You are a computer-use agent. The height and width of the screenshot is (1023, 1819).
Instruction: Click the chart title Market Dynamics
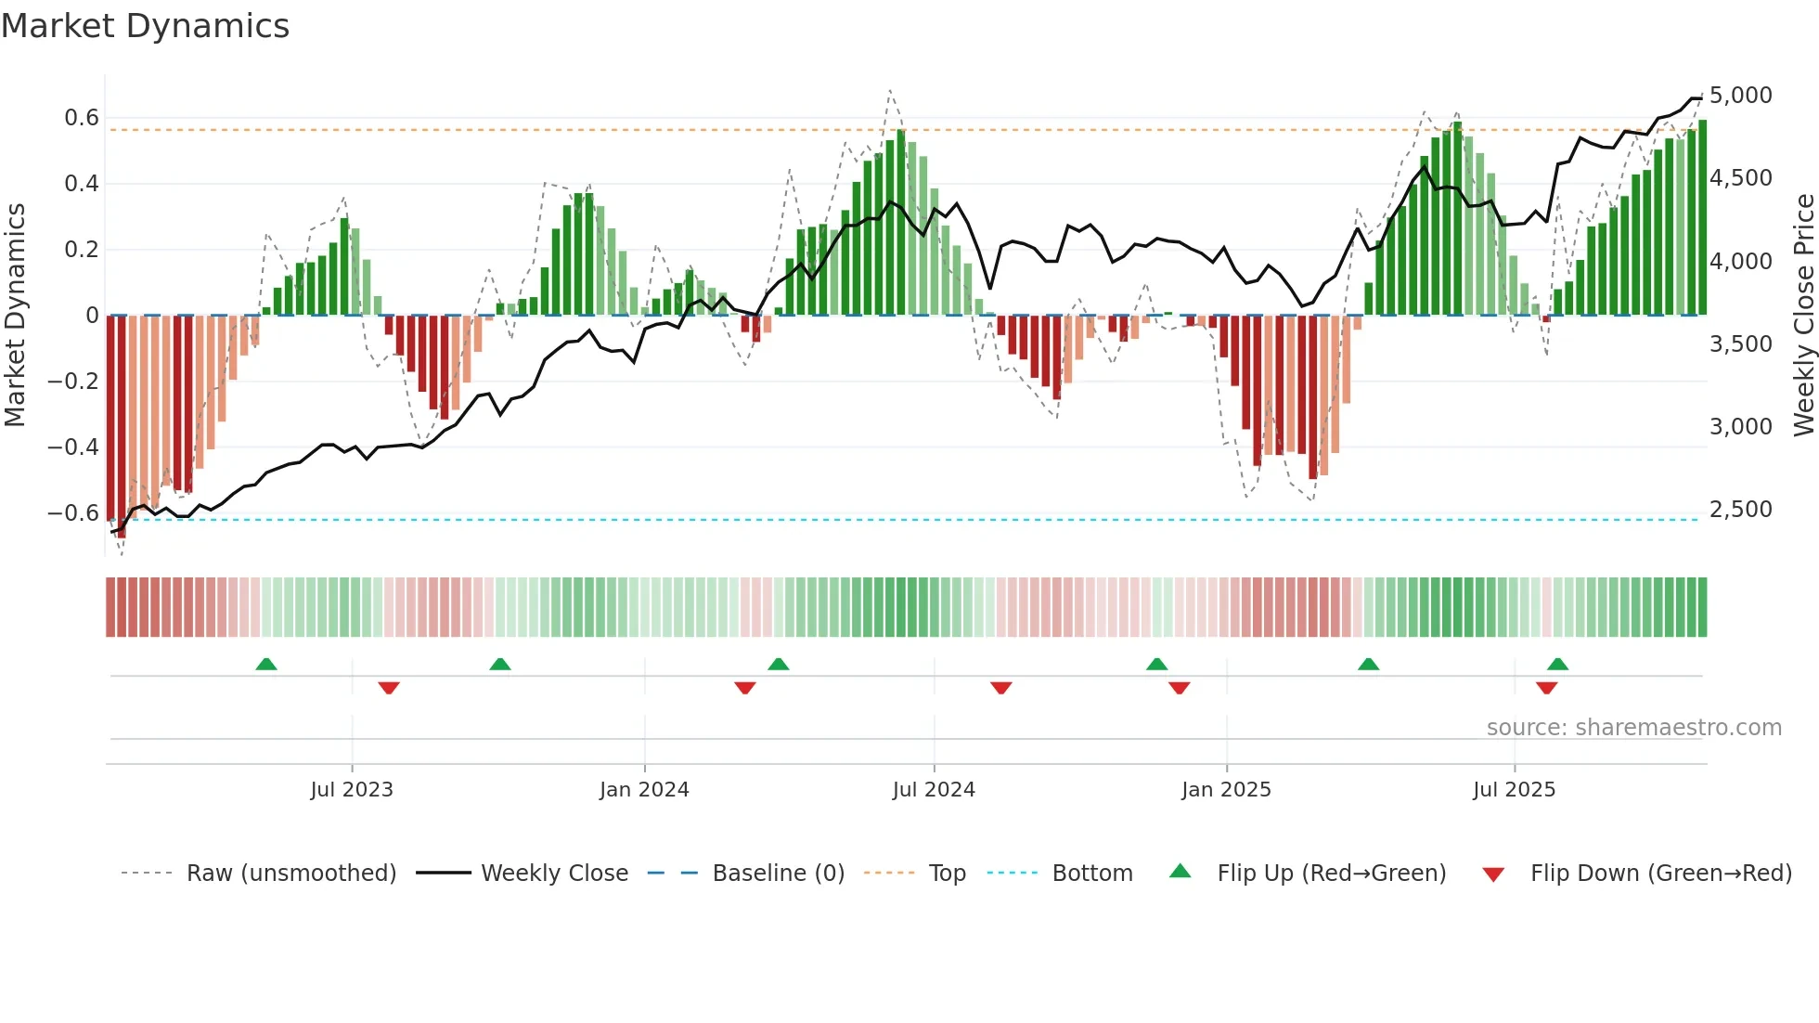point(145,26)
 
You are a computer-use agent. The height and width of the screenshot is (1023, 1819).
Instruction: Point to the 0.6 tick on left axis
point(81,118)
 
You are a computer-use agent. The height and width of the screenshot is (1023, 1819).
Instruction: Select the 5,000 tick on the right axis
point(1740,96)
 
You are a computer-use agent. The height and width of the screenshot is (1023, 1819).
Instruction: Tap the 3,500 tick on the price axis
point(1740,344)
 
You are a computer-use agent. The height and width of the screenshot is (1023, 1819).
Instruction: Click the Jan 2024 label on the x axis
point(644,790)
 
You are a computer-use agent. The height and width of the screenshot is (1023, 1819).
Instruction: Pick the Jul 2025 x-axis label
point(1514,790)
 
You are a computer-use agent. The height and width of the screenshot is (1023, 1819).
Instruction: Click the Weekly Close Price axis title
point(1803,315)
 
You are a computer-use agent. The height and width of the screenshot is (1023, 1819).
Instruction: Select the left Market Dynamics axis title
point(15,315)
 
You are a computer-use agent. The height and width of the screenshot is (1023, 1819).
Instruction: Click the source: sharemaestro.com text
point(1633,728)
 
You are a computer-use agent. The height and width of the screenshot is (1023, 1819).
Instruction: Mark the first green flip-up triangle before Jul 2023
point(266,664)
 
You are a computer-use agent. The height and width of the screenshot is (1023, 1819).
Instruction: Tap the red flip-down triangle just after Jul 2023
point(389,688)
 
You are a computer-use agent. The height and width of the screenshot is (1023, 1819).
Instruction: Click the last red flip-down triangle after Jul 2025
point(1546,688)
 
